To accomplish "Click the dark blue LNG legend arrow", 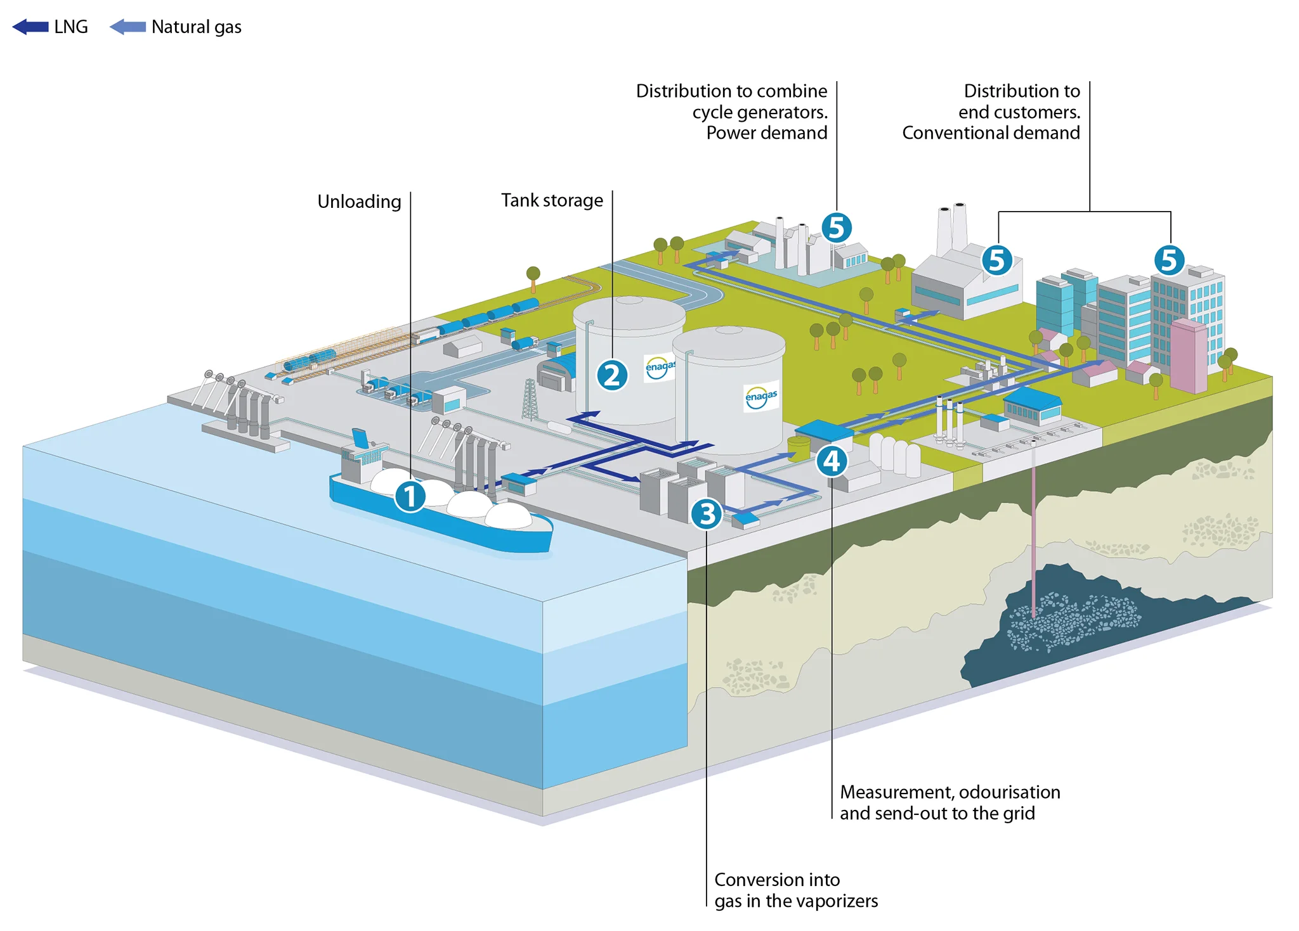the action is tap(30, 27).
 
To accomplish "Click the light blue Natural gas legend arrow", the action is tap(127, 27).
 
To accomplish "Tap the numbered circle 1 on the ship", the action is tap(410, 496).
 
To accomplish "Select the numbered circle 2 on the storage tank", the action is tap(612, 375).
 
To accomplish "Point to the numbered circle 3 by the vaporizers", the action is tap(707, 513).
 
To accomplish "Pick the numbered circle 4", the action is tap(832, 461).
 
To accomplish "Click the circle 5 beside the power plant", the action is tap(837, 228).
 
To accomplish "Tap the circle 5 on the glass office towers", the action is tap(1169, 260).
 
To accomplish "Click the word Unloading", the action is tap(359, 202).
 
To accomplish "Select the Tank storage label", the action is tap(552, 200).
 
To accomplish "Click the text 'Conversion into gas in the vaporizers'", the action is tap(796, 890).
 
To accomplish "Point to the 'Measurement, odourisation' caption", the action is tap(950, 792).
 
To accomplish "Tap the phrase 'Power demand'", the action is tap(767, 133).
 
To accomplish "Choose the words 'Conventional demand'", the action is tap(991, 133).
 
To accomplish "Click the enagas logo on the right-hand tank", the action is tap(761, 397).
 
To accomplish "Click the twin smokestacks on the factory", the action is tap(951, 229).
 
